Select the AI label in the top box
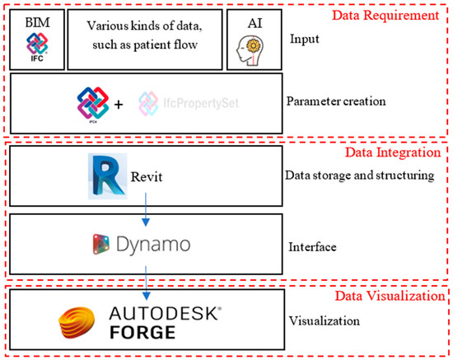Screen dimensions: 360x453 coord(255,18)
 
